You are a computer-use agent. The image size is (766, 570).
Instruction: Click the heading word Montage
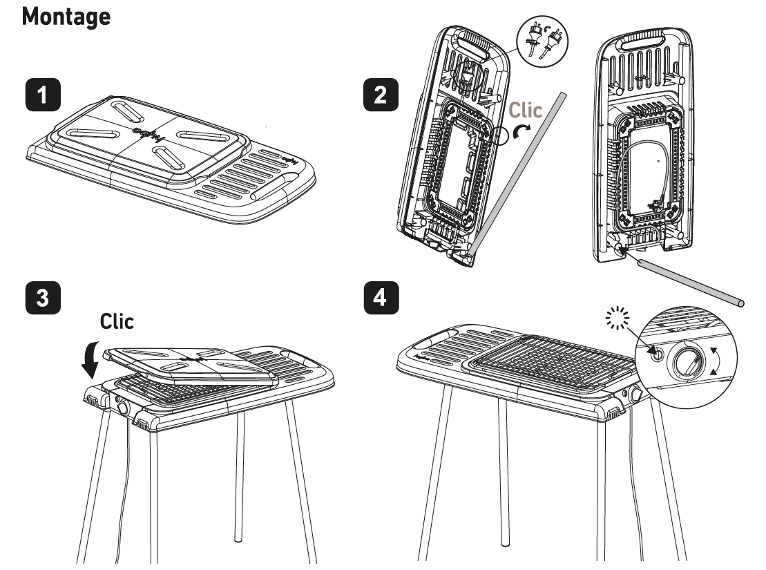coord(66,17)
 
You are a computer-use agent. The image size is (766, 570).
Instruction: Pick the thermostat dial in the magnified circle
coord(686,362)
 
